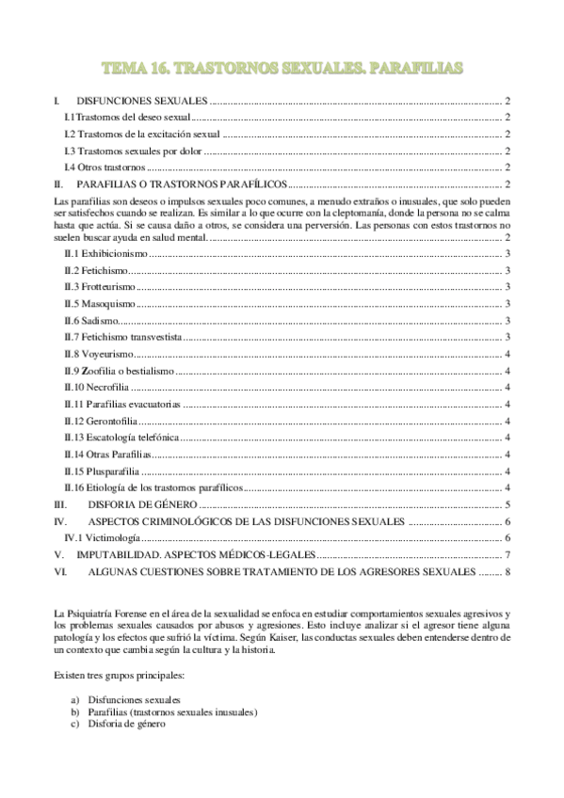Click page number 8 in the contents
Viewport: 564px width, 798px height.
pyautogui.click(x=507, y=570)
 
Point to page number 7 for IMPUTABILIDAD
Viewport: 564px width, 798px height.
pyautogui.click(x=507, y=554)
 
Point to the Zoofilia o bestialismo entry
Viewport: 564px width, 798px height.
pyautogui.click(x=119, y=371)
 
